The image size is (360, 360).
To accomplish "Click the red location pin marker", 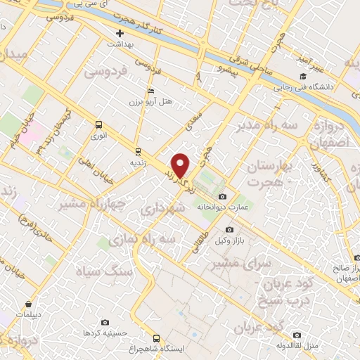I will [x=181, y=166].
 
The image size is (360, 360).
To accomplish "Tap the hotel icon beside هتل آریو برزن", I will [x=149, y=91].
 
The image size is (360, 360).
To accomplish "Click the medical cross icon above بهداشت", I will [x=120, y=33].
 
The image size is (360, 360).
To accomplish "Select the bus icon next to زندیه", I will [x=138, y=151].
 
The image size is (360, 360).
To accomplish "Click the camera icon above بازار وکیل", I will [x=229, y=230].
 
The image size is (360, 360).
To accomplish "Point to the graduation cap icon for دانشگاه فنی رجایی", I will [x=302, y=77].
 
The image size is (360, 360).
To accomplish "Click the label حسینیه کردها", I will [x=105, y=332].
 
